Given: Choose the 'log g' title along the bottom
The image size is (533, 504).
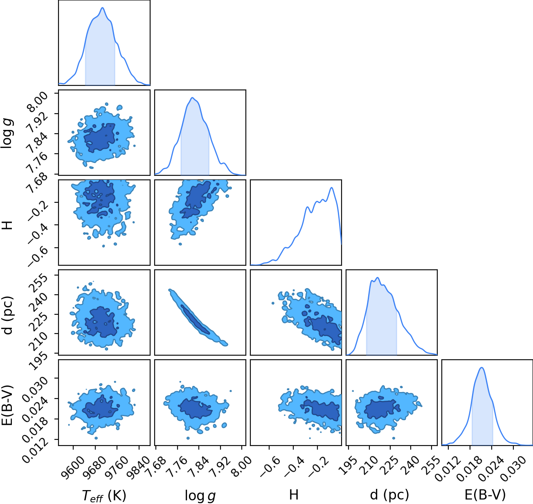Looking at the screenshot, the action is coord(200,495).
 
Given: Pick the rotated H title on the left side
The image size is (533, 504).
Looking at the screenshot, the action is coord(7,225).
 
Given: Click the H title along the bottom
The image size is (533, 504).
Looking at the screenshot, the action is coord(294,495).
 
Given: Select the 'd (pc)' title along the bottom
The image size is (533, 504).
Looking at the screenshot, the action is coord(389,495).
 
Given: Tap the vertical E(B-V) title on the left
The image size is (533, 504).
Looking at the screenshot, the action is coord(7,405).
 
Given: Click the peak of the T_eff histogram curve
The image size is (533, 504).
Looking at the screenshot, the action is coord(103,8).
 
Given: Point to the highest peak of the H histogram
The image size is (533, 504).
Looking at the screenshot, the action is coord(332,188).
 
